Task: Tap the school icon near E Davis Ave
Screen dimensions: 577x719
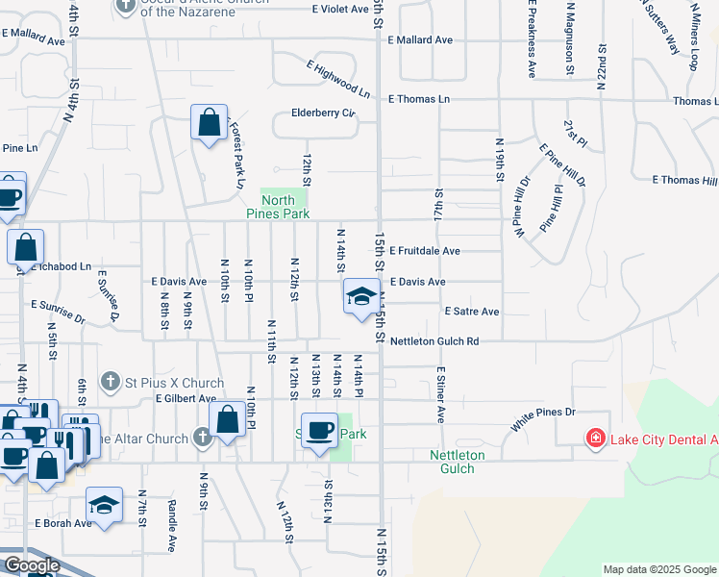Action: coord(360,296)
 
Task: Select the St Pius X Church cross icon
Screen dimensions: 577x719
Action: coord(112,380)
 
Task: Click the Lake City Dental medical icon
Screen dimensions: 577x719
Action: coord(596,439)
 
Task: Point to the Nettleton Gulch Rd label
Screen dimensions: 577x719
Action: coord(434,341)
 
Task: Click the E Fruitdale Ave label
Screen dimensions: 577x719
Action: coord(424,251)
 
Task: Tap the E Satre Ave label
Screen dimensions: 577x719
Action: coord(471,312)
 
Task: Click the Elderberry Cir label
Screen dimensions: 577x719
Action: coord(323,113)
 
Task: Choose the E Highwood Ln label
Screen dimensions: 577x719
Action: coord(338,80)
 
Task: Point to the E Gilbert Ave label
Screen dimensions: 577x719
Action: coord(186,398)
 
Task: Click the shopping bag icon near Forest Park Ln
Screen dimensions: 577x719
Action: coord(209,123)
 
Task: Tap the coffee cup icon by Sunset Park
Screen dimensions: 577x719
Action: coord(319,430)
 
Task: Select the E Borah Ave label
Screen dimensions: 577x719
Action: coord(63,523)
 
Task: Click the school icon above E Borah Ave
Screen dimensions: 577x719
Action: coord(104,504)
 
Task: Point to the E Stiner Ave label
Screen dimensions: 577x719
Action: coord(440,394)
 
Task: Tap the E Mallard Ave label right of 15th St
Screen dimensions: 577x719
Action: coord(419,40)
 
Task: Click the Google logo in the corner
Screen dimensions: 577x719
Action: coord(31,565)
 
